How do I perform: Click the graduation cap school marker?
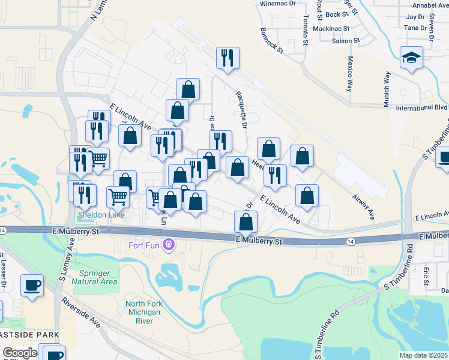point(411,58)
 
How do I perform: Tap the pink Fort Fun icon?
point(169,244)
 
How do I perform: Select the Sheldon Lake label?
point(100,215)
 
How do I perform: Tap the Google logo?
point(20,353)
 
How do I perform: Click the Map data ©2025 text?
point(424,355)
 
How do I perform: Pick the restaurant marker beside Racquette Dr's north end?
point(228,58)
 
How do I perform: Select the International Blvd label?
point(422,108)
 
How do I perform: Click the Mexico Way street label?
point(350,73)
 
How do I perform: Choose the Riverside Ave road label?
point(80,313)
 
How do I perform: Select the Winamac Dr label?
point(277,4)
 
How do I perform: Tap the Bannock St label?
point(271,40)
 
